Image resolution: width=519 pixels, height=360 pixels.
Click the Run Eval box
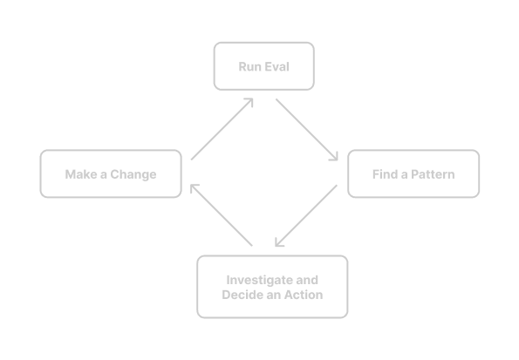263,65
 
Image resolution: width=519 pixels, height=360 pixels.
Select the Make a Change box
111,173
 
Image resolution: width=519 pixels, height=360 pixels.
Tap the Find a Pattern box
413,173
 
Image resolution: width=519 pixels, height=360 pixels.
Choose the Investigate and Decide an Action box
272,287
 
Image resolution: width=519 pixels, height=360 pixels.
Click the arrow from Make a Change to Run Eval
222,128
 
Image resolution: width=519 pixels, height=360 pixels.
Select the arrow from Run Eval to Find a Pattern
306,130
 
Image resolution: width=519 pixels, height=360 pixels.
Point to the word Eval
277,65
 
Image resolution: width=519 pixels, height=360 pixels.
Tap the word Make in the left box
79,174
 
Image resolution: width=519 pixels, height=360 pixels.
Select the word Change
134,174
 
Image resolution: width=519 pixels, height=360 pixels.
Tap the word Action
304,295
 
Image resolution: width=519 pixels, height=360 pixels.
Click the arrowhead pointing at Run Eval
249,101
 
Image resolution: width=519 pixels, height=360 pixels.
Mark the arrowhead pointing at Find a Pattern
334,158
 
